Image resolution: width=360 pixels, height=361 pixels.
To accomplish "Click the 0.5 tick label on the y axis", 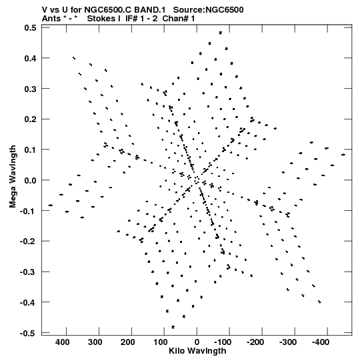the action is [x=31, y=28].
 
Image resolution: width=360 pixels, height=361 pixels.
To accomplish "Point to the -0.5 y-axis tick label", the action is [x=28, y=333].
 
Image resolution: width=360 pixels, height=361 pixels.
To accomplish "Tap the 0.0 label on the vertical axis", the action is [x=31, y=180].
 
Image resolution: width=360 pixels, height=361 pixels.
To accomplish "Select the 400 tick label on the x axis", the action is [x=62, y=342].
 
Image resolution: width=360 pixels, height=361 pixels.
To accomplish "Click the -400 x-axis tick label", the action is [x=321, y=342].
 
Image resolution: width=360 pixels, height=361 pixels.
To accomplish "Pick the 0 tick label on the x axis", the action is [x=197, y=342].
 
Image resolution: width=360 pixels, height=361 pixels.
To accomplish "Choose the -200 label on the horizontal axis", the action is [x=255, y=342].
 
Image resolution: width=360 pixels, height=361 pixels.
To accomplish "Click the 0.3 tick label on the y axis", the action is [x=31, y=89].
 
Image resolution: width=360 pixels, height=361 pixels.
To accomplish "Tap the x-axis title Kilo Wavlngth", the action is [x=197, y=351].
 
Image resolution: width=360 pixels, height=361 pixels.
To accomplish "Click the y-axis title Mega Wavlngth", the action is [x=13, y=177].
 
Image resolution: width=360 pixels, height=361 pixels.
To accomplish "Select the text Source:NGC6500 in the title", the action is [x=208, y=10].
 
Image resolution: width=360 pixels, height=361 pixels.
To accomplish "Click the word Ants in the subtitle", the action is [x=51, y=19].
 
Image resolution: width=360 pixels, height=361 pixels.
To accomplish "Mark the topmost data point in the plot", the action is [x=221, y=33].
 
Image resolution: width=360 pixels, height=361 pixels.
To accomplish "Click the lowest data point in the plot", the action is [x=173, y=327].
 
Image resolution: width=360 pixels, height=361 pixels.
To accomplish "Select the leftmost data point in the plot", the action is [x=51, y=205].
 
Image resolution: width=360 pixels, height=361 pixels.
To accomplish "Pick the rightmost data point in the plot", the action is [x=343, y=155].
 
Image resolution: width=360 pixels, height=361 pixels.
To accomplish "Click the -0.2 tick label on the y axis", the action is [x=28, y=242].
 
